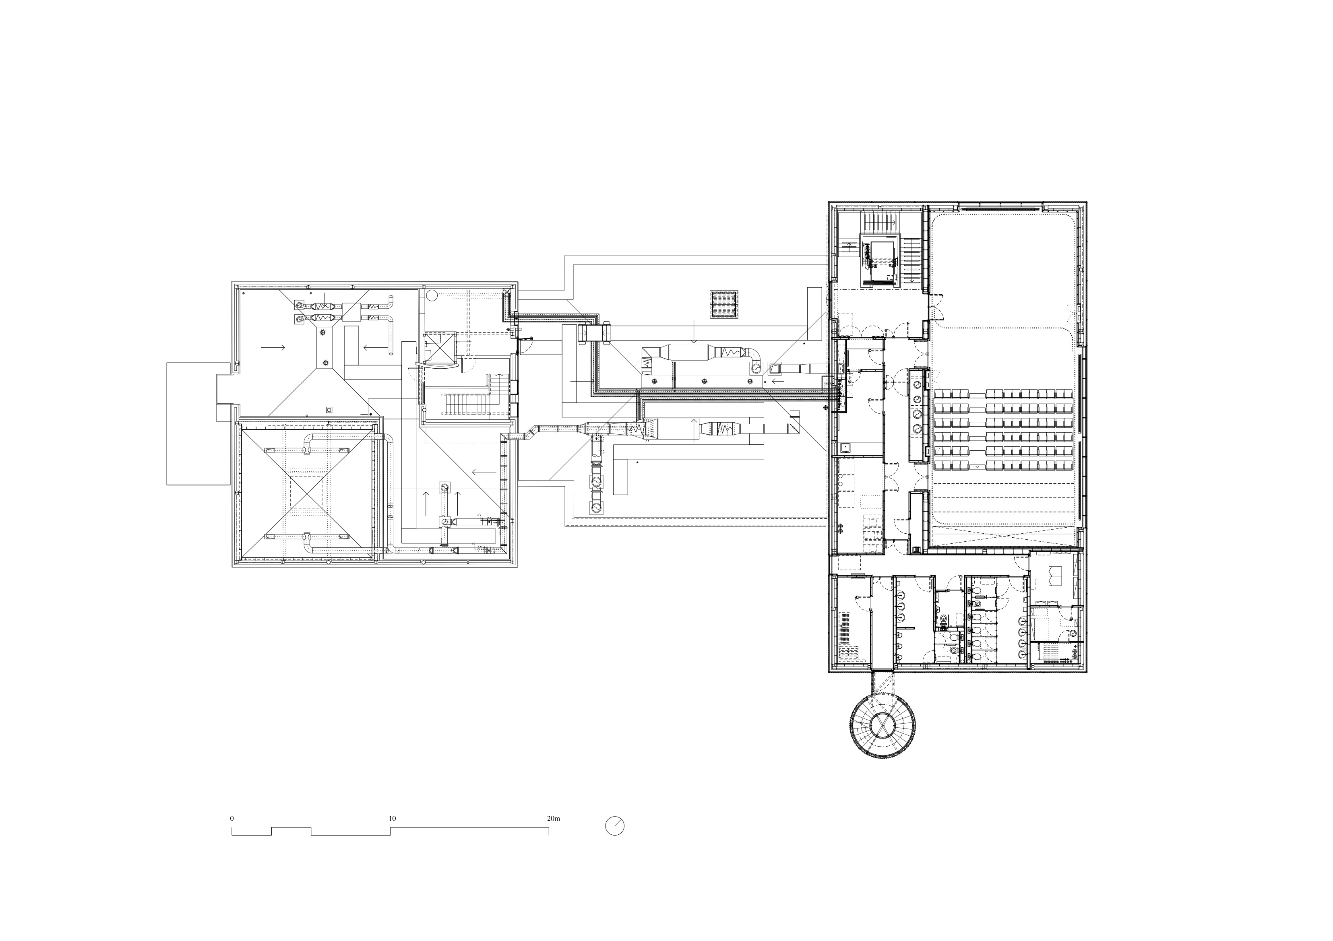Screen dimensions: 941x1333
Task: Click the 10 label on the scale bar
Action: (393, 819)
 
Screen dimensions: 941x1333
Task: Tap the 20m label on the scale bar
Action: (553, 819)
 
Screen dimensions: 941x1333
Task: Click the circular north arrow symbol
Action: (615, 826)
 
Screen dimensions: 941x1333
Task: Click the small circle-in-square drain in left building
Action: (329, 409)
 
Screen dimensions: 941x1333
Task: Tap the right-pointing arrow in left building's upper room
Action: (273, 347)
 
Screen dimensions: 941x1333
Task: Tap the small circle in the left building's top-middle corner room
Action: (431, 293)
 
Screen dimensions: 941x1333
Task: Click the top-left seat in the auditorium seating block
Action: (940, 394)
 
